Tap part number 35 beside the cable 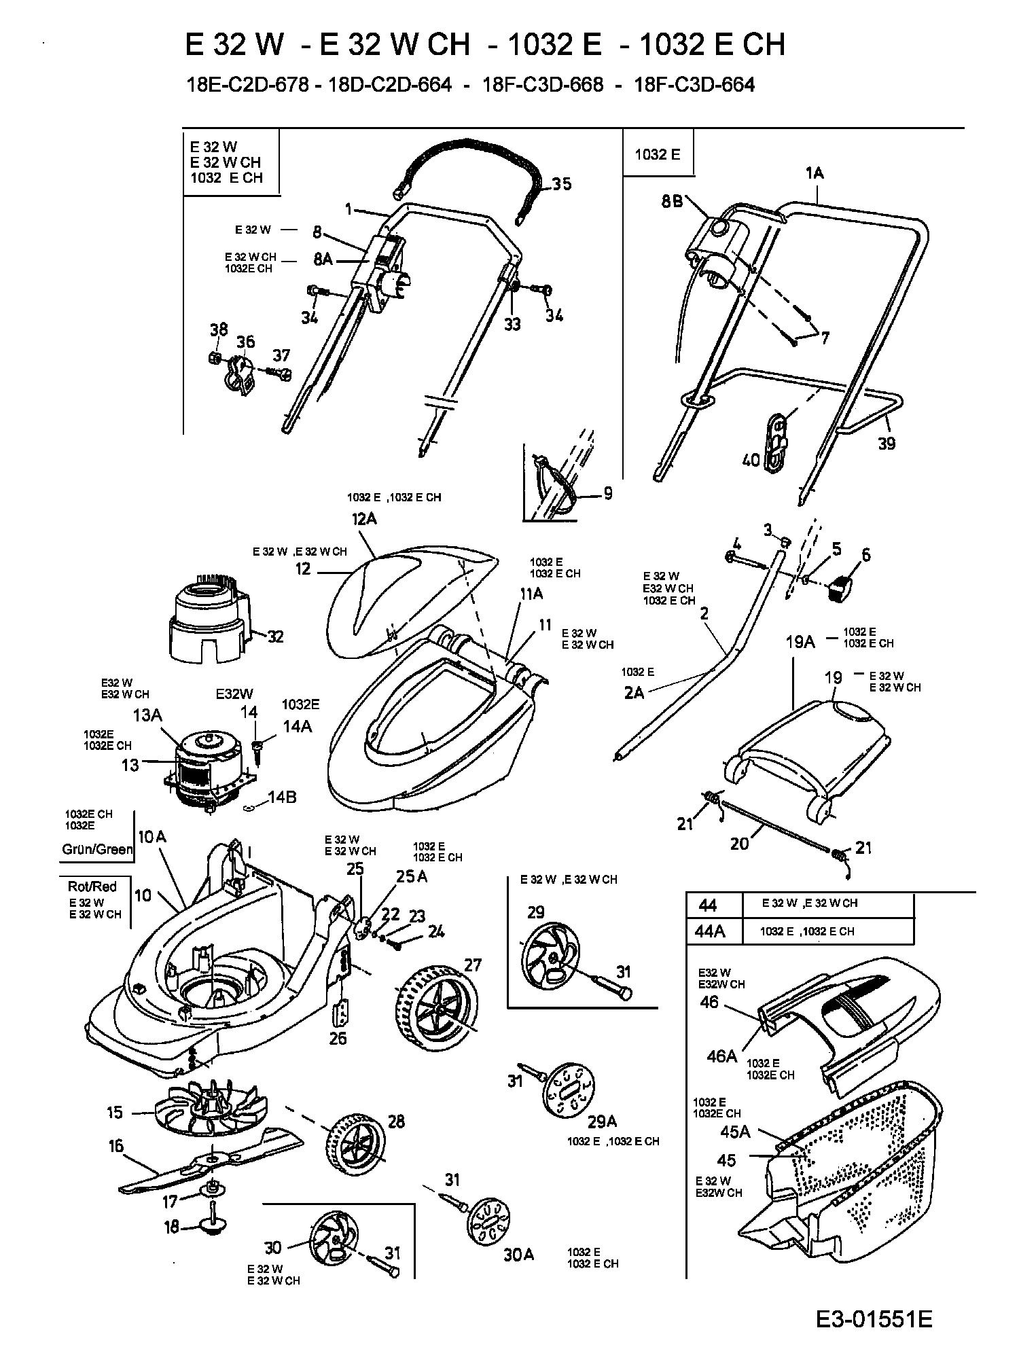[561, 184]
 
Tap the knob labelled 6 [842, 585]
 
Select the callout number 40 [750, 461]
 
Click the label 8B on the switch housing [672, 202]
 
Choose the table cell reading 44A [711, 931]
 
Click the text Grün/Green [97, 849]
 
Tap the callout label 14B [281, 797]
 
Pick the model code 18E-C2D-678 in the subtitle [249, 85]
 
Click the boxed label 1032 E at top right [657, 154]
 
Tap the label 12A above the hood [364, 520]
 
